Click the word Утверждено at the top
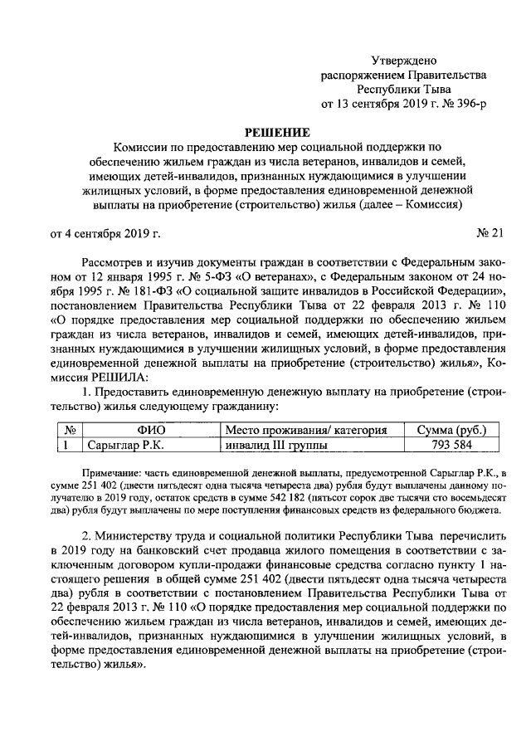(x=402, y=61)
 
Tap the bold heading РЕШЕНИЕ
(x=276, y=133)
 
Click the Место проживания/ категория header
(x=307, y=429)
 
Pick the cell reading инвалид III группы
(x=276, y=445)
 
